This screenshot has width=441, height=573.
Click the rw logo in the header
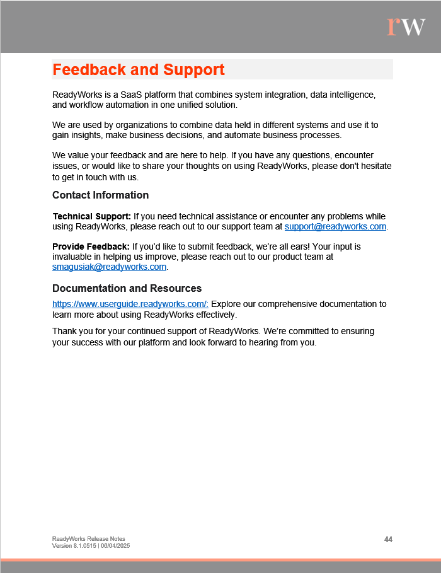(406, 26)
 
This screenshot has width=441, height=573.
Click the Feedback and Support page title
(139, 69)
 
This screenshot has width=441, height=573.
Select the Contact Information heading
(100, 195)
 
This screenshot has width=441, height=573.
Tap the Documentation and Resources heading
(127, 288)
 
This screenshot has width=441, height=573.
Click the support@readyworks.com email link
(335, 226)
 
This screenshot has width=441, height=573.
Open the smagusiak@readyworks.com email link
(109, 267)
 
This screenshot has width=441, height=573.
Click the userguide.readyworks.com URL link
(130, 304)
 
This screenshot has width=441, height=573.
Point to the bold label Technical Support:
(91, 216)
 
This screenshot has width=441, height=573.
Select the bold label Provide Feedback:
(91, 246)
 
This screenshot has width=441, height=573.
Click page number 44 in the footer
(388, 540)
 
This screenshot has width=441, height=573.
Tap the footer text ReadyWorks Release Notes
(88, 539)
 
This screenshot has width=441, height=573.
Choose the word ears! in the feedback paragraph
(287, 246)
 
